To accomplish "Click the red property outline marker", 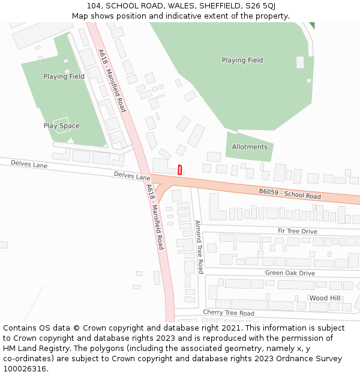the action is click(x=179, y=170).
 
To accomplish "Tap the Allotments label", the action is click(x=250, y=147).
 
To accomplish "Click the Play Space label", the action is click(x=61, y=126).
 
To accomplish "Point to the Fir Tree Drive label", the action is click(x=297, y=231).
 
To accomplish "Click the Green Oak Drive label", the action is click(x=290, y=273).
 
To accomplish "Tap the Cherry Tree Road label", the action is click(x=228, y=313).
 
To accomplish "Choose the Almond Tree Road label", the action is click(x=199, y=247).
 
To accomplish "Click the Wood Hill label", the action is click(x=325, y=298).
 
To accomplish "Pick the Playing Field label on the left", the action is click(x=64, y=77).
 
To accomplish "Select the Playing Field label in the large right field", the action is click(x=242, y=60).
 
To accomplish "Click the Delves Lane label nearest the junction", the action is click(x=132, y=176).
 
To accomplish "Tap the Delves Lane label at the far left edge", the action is click(x=29, y=164).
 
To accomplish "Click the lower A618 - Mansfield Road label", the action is click(x=155, y=217).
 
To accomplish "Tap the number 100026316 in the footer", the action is click(x=25, y=368).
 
